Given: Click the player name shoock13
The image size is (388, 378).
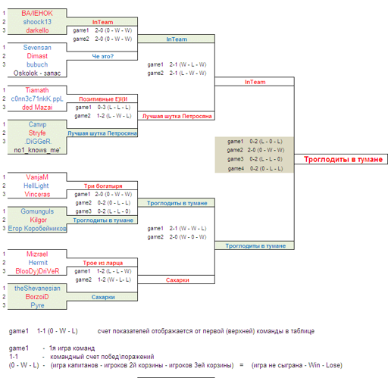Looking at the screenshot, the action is [37, 22].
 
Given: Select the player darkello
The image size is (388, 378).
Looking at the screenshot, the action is [37, 30].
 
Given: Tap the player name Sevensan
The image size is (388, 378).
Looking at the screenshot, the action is [37, 48].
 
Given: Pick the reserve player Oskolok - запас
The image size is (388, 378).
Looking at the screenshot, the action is [37, 73].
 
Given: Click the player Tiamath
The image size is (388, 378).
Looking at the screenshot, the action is [37, 90].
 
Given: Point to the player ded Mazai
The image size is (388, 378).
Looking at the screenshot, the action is [37, 108].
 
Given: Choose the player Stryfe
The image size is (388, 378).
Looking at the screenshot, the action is [37, 133].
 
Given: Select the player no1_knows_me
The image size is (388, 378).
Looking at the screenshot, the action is [37, 150].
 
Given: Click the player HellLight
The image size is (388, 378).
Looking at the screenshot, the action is [36, 186].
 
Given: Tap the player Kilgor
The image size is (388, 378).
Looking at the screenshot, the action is [39, 220].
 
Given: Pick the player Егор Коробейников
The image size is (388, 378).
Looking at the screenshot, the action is [37, 229].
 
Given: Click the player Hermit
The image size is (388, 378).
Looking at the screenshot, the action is [38, 263].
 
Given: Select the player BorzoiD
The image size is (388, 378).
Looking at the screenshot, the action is [37, 297].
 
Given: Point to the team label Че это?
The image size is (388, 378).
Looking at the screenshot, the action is [103, 56].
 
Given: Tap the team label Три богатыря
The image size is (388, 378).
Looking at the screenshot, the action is [103, 186].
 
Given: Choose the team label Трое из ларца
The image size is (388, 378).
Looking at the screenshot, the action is [103, 263].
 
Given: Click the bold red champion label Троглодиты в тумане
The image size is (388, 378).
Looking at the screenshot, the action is [343, 159].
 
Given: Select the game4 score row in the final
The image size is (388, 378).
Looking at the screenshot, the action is [255, 168].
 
